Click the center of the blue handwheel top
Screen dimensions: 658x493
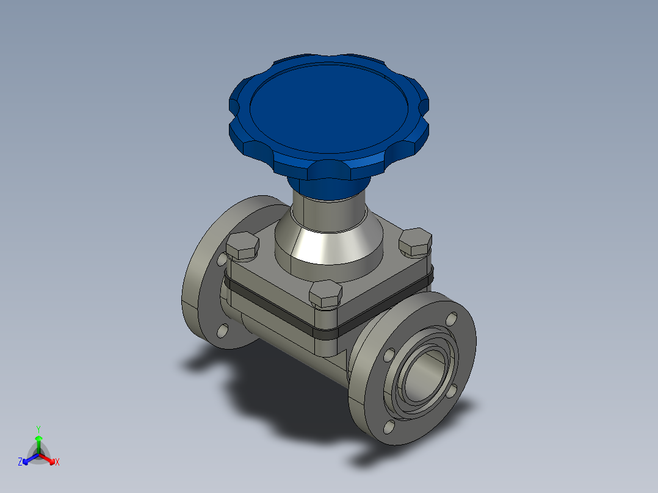328,108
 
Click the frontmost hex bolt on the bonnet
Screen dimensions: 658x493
326,293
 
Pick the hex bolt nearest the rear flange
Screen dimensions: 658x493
242,246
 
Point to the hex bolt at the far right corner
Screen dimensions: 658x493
416,242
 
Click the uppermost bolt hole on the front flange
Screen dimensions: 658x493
452,319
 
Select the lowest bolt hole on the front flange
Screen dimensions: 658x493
389,427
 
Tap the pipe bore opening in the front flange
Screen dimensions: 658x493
424,377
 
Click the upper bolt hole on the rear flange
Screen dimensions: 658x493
222,259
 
